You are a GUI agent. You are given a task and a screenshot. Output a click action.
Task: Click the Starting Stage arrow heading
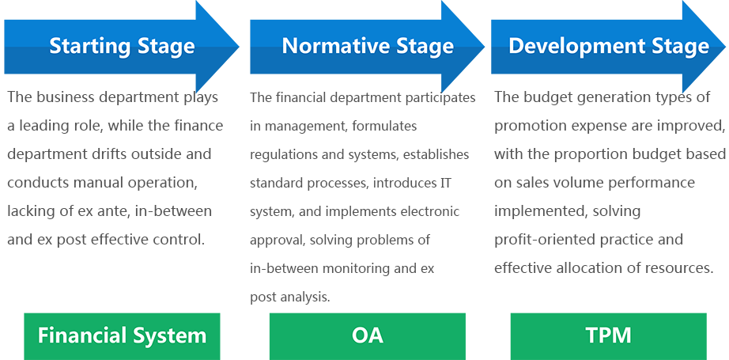[122, 46]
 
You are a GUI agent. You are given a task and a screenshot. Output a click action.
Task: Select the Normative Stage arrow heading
[368, 46]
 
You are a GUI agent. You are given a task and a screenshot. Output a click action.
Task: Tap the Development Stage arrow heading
[608, 46]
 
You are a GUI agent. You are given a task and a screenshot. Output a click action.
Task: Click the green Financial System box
[122, 335]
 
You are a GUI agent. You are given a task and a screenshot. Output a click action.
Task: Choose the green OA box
[367, 335]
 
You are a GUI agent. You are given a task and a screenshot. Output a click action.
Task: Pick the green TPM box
[608, 335]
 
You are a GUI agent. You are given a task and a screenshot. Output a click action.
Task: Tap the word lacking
[30, 211]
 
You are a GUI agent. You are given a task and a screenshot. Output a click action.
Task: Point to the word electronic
[430, 211]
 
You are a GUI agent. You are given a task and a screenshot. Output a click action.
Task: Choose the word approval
[278, 240]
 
